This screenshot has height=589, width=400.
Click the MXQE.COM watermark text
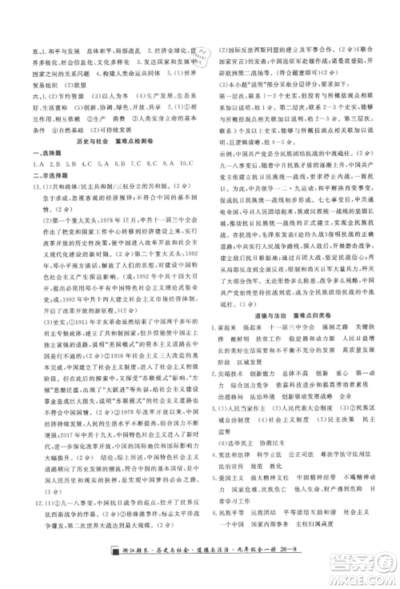359,574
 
